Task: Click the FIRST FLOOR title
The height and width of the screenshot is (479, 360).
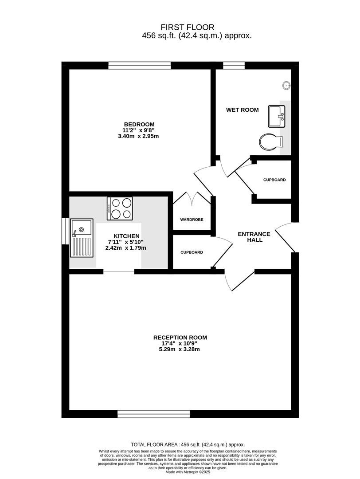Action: (188, 27)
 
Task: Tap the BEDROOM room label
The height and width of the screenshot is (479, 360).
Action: (139, 124)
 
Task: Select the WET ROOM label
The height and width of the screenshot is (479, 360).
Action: (242, 110)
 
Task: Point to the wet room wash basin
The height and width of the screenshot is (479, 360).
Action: (276, 116)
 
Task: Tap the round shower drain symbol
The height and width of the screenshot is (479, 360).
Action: (286, 85)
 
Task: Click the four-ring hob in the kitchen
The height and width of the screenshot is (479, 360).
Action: (120, 208)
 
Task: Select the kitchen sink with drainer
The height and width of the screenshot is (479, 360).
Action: (82, 238)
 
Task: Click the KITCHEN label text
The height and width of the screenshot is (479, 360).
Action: (126, 236)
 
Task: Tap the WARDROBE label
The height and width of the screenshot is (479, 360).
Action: (192, 220)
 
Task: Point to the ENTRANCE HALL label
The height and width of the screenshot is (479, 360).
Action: (254, 237)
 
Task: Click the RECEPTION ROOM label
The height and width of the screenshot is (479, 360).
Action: (180, 338)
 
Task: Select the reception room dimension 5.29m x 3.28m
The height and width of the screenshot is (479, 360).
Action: (179, 349)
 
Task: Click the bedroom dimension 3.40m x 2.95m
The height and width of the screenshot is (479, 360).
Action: (138, 136)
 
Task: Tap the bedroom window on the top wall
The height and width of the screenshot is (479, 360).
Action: (140, 65)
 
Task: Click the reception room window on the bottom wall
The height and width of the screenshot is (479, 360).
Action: (153, 414)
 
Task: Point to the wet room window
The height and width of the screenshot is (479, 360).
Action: (234, 65)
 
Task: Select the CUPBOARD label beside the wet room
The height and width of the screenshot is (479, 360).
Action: (274, 180)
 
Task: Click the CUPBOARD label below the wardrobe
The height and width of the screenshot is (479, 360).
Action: (192, 252)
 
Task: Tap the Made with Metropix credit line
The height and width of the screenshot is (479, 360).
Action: (188, 472)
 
